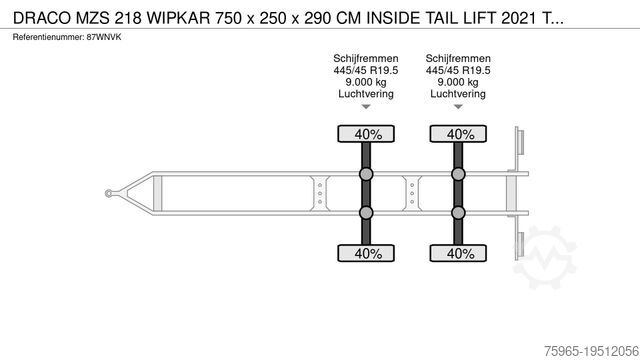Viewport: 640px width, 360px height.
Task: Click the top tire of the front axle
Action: coord(366,134)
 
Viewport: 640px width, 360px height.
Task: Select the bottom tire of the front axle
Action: coord(366,253)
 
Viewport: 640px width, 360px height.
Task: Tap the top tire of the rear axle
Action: coord(458,134)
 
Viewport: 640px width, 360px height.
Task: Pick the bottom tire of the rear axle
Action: coord(458,253)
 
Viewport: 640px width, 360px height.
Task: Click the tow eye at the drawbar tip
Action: coord(109,193)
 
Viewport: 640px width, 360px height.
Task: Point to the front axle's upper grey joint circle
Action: coord(366,174)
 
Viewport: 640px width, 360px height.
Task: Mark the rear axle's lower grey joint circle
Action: coord(458,213)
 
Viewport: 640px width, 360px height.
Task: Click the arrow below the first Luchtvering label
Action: coord(366,107)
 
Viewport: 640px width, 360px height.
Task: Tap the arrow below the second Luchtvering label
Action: coord(458,107)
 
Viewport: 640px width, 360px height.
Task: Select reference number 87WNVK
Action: coord(104,37)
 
